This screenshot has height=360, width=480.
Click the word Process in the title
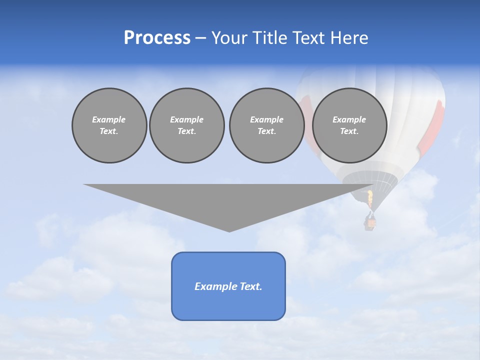click(x=157, y=38)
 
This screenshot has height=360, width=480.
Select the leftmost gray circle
click(x=109, y=125)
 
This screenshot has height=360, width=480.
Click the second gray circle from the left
click(x=186, y=125)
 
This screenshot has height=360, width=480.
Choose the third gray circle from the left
click(x=266, y=125)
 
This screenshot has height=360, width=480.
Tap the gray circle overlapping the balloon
click(x=349, y=125)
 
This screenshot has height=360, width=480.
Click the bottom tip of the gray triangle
click(x=229, y=230)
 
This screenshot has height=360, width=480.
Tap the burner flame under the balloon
click(x=370, y=198)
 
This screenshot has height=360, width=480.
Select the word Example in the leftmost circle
click(x=109, y=119)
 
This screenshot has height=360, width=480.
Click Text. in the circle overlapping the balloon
click(x=349, y=131)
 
